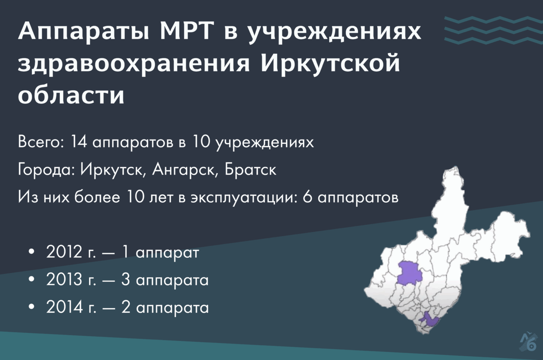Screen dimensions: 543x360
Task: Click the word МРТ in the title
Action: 186,31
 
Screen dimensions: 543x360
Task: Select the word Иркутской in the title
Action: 330,63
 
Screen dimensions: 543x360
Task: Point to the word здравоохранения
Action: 134,65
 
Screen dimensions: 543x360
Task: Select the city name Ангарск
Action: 184,170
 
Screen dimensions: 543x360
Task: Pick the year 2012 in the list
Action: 64,252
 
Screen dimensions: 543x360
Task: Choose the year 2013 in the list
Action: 64,279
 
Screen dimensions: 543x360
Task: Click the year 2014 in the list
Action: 64,307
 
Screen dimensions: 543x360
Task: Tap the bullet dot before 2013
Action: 31,279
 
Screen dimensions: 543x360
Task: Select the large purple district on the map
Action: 409,273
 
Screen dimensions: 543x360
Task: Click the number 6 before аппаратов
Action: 308,197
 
